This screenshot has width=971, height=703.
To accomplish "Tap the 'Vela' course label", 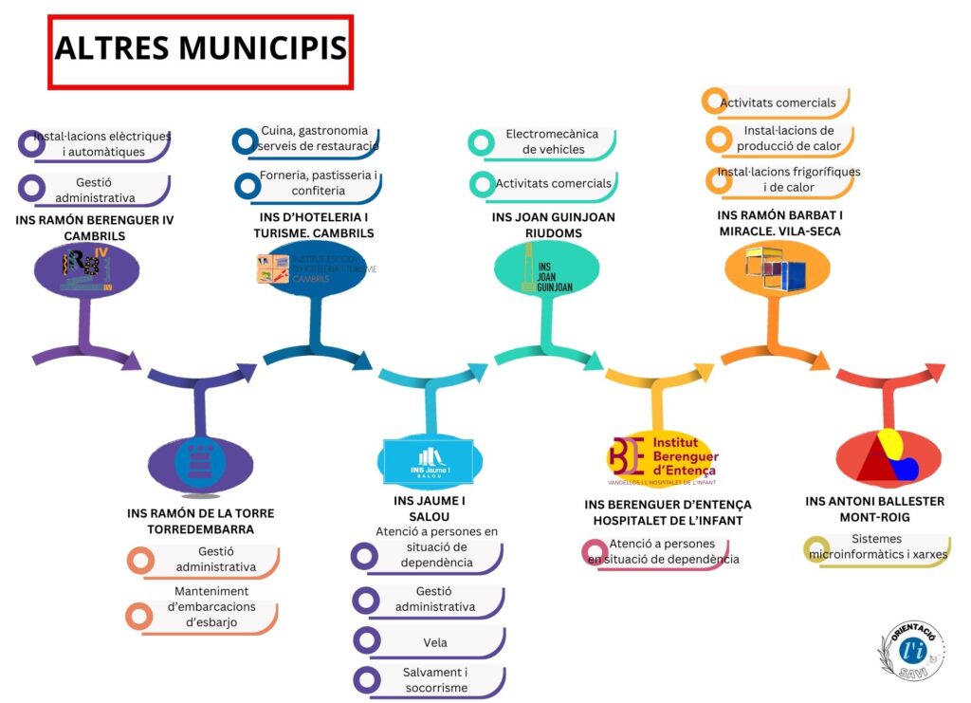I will [435, 643].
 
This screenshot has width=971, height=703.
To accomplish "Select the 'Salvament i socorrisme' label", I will [435, 680].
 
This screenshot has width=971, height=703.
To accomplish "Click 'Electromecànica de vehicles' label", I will [545, 142].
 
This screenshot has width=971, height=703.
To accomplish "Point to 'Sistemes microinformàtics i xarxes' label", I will [877, 547].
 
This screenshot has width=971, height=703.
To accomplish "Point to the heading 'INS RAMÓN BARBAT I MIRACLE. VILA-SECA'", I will [779, 224].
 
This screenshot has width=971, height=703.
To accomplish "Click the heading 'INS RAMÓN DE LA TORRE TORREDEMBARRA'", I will [200, 521].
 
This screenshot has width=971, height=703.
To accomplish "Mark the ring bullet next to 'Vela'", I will [364, 642].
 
